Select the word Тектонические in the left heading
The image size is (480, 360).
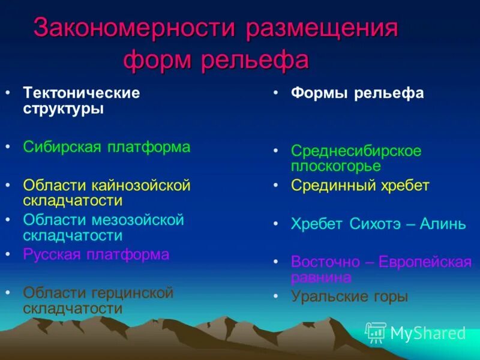82,94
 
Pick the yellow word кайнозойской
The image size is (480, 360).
142,185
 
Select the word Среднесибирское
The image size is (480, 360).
356,151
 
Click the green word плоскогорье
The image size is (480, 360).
336,166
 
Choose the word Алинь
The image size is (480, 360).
443,224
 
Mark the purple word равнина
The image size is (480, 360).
321,277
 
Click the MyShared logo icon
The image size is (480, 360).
376,332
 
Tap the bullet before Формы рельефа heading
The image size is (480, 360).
275,94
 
